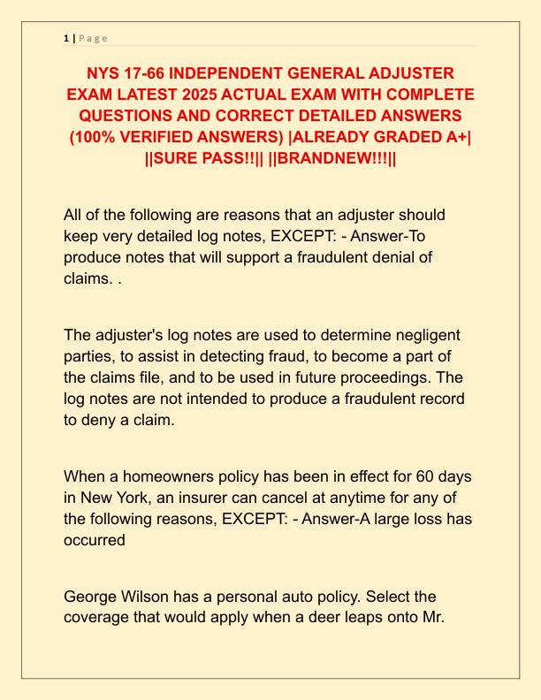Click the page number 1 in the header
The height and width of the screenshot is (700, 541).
point(66,38)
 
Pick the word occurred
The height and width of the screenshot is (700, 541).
point(95,540)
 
